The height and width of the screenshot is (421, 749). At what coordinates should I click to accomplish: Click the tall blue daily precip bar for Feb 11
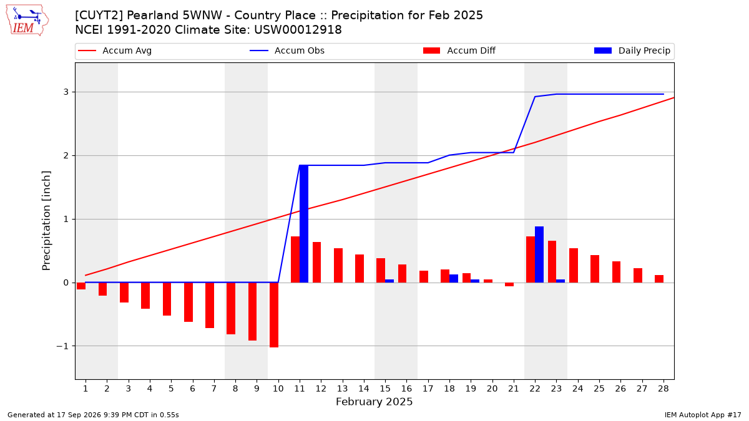point(303,223)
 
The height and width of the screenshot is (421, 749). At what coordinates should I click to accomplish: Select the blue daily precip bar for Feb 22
point(539,254)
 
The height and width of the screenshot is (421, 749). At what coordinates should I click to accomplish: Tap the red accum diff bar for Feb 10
point(274,315)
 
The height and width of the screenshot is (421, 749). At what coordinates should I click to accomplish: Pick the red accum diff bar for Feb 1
point(81,286)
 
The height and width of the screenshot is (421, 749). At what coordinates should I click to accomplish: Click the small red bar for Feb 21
point(509,284)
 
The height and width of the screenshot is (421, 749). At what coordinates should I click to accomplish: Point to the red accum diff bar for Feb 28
point(659,279)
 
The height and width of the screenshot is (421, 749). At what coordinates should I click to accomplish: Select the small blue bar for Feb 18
point(453,279)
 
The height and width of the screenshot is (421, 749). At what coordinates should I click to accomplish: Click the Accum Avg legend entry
point(115,51)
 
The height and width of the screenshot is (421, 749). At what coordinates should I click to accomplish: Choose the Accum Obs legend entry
point(287,51)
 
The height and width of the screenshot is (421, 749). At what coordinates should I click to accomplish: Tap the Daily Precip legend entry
point(632,51)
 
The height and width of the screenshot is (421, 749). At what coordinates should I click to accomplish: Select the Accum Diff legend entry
point(459,51)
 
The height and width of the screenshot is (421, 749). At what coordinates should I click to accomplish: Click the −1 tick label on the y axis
point(62,346)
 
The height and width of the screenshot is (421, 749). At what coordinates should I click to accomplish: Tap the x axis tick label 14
point(364,389)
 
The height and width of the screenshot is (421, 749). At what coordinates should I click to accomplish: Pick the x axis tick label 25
point(599,389)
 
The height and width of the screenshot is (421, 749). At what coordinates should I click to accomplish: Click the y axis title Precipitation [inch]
point(46,221)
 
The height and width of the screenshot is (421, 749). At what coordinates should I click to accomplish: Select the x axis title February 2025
point(374,402)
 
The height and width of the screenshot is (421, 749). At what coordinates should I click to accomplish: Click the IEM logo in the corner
point(27,21)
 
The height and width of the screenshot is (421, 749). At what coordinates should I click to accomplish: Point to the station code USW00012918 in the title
point(298,30)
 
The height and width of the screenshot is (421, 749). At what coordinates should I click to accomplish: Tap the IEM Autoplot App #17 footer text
point(703,415)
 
